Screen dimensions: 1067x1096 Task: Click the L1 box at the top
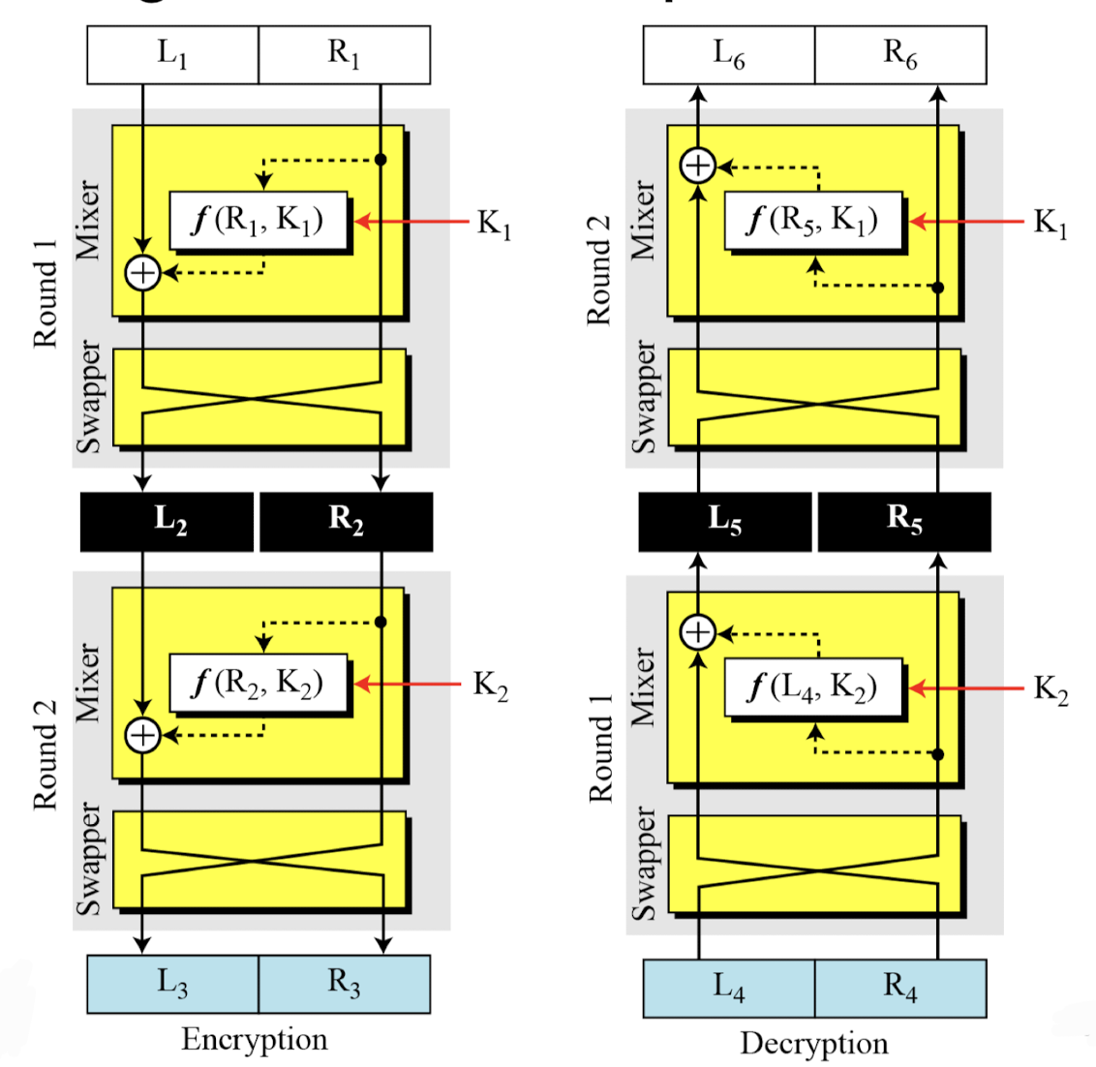pos(172,55)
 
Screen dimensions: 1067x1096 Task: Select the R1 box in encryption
pos(344,55)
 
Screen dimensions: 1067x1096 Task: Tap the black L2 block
pos(167,522)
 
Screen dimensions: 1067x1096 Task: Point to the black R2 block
pos(346,522)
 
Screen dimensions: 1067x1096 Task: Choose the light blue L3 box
pos(172,984)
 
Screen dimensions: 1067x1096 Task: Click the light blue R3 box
pos(344,984)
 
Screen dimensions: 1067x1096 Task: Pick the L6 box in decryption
pos(729,55)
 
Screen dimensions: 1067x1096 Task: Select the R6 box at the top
pos(900,55)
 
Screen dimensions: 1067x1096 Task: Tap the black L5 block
pos(725,522)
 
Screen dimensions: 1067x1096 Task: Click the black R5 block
pos(904,522)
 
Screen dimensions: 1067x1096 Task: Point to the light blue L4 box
pos(729,989)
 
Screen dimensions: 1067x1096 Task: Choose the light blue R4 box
pos(900,989)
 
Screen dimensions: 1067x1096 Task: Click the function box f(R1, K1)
pos(258,221)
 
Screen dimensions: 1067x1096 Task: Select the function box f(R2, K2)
pos(258,684)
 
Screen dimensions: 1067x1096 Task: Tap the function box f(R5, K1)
pos(813,222)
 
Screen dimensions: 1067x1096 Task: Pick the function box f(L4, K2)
pos(813,688)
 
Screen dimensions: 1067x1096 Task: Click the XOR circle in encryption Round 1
pos(143,273)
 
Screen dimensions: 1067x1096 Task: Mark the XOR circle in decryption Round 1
pos(698,633)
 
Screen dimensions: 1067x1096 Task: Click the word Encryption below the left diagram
pos(254,1040)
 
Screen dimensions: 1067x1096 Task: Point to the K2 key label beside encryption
pos(490,686)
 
